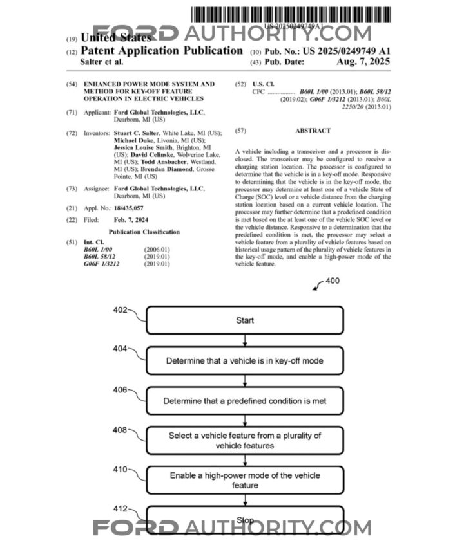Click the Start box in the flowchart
(x=245, y=320)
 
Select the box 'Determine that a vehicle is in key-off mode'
(x=245, y=360)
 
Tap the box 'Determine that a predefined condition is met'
(x=245, y=401)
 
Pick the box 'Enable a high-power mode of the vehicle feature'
(x=245, y=481)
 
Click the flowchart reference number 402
(x=121, y=309)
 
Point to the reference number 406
(x=121, y=390)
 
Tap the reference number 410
(x=121, y=470)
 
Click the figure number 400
(x=332, y=281)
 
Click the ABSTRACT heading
(x=313, y=131)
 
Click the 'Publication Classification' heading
(x=144, y=232)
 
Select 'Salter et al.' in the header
(x=101, y=62)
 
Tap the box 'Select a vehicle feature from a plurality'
(x=245, y=441)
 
